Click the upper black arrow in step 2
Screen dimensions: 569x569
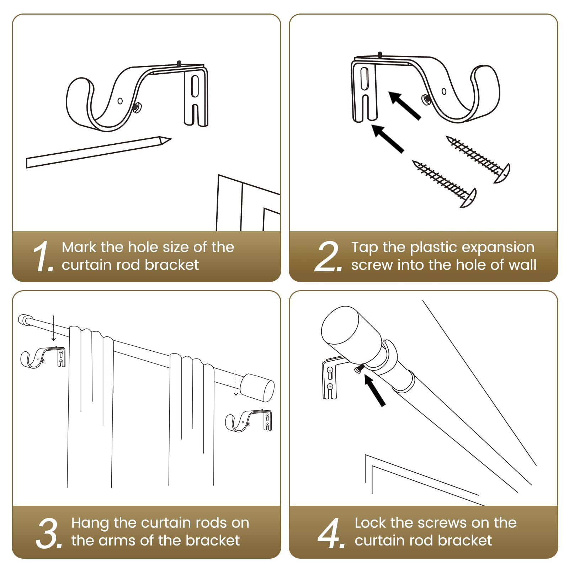[x=405, y=106]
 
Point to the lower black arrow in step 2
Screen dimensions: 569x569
[x=388, y=139]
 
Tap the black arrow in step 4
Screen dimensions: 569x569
[x=375, y=390]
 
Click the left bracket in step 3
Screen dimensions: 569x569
[x=43, y=357]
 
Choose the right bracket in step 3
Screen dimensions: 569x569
[x=249, y=421]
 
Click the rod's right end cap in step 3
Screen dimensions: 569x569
[x=257, y=388]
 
